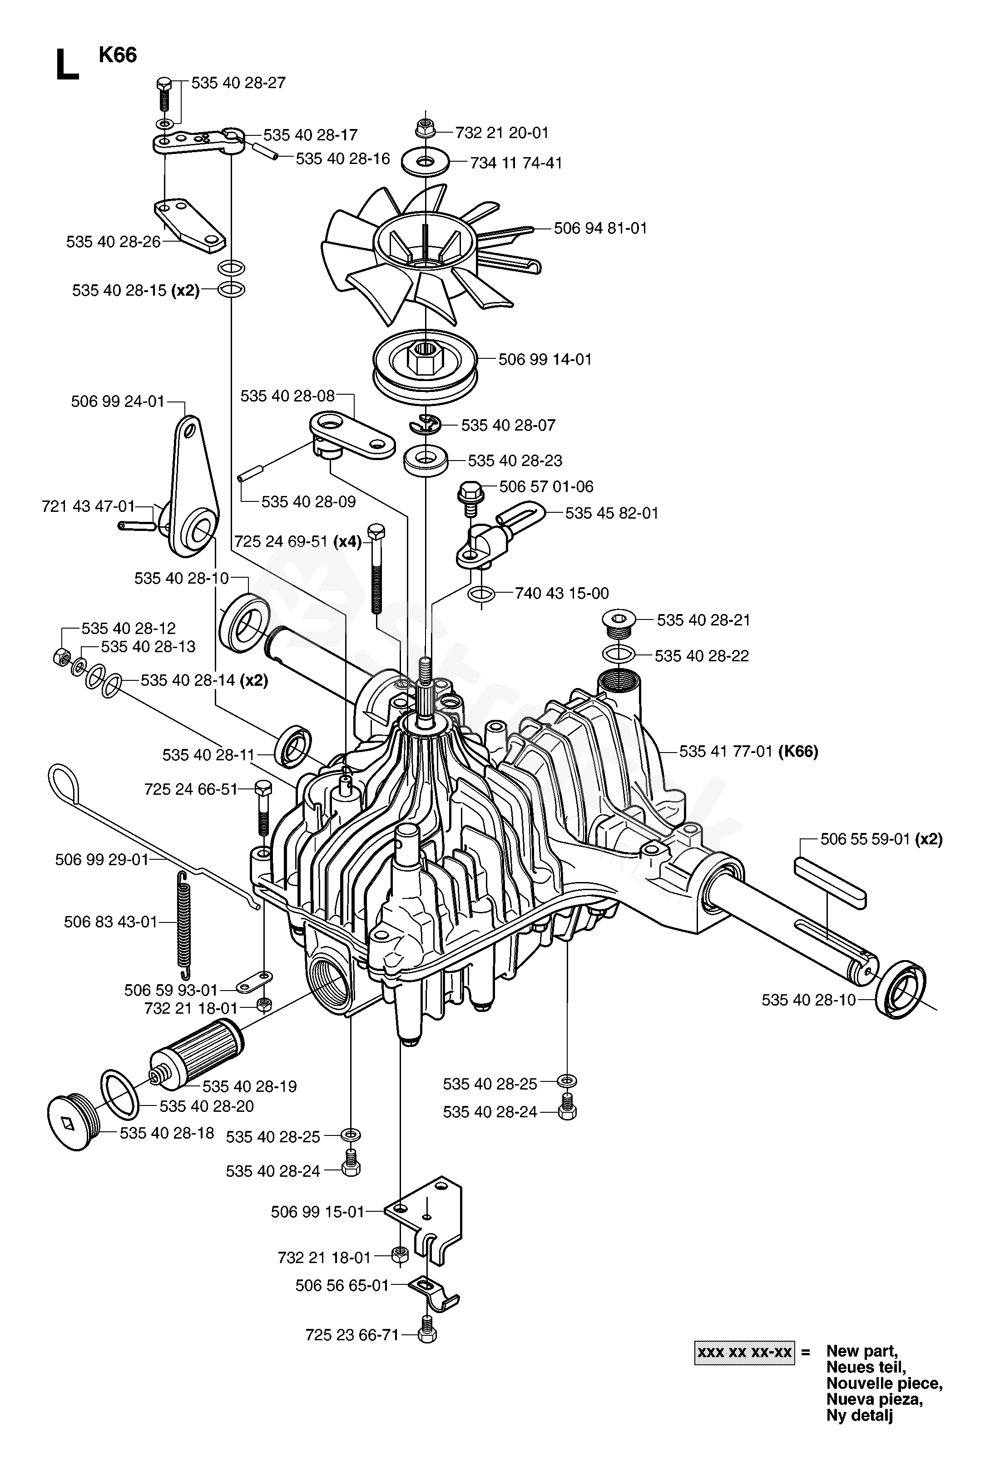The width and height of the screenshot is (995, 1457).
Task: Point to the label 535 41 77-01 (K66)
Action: click(748, 751)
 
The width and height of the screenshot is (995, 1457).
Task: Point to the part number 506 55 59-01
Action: click(865, 839)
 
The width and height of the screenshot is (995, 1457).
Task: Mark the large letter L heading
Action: click(68, 65)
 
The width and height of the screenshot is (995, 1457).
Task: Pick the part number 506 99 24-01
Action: click(118, 401)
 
